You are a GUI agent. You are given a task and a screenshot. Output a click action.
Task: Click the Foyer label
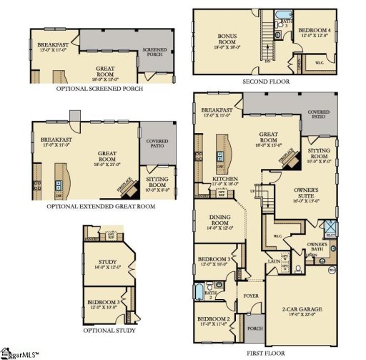tap(250, 293)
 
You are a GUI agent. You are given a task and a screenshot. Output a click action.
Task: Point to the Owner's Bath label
tap(317, 247)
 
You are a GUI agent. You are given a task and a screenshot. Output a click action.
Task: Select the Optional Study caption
tap(110, 331)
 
